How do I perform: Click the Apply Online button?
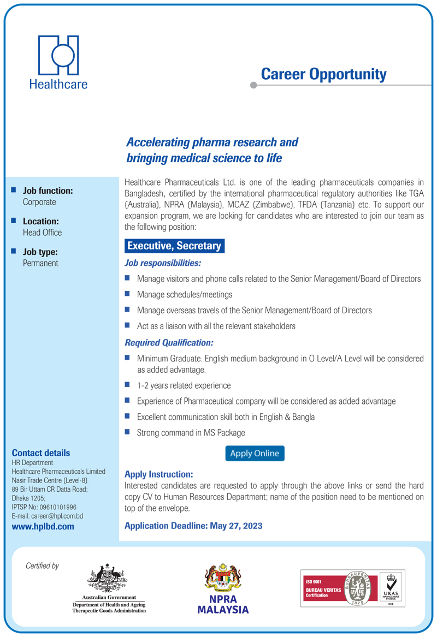tap(255, 454)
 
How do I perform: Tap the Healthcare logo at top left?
tap(58, 62)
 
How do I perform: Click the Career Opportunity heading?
tap(323, 74)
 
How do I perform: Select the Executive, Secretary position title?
tap(174, 246)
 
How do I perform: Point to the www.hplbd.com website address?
tap(43, 527)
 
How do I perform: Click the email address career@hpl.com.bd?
tap(57, 516)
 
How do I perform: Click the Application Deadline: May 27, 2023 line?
tap(193, 526)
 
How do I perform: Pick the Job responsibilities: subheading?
tap(163, 264)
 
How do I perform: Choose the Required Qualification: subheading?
tap(169, 343)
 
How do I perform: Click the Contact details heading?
tap(41, 453)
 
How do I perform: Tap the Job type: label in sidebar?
tap(40, 252)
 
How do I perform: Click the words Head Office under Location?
tap(42, 233)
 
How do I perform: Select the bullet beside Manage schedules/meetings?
tap(127, 294)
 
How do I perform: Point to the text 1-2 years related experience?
tap(184, 385)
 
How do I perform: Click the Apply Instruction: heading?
tap(159, 475)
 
